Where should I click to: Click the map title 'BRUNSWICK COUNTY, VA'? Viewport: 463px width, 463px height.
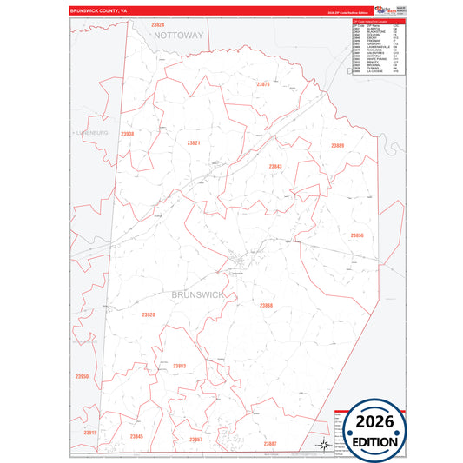click(98, 10)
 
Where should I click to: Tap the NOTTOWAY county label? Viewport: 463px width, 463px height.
click(179, 36)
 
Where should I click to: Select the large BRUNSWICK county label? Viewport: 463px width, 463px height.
click(199, 295)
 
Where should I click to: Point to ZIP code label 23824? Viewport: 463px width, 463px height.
click(157, 24)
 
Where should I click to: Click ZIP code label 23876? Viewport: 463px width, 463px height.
click(264, 84)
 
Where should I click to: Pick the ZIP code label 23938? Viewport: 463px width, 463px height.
click(127, 134)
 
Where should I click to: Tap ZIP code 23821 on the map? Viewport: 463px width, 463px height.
click(193, 142)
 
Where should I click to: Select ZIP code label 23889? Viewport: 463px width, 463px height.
click(337, 145)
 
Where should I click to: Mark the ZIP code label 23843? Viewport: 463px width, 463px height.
click(274, 166)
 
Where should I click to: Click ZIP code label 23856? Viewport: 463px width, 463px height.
click(357, 235)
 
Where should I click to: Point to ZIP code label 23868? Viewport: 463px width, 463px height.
click(266, 305)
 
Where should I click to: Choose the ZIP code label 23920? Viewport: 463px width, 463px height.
click(149, 314)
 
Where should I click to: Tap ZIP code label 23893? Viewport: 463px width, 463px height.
click(179, 366)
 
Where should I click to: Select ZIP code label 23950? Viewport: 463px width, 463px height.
click(83, 376)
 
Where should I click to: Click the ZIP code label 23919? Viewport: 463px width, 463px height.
click(90, 432)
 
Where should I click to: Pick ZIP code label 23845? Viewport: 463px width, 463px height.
click(136, 435)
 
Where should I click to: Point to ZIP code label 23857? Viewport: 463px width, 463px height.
click(195, 440)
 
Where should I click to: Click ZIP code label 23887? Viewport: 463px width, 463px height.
click(270, 443)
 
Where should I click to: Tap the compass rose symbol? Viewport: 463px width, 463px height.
click(323, 444)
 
